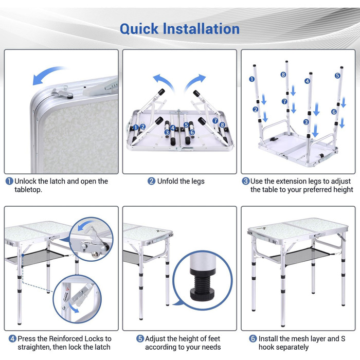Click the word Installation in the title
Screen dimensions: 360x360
click(x=201, y=29)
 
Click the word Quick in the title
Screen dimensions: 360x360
click(x=139, y=29)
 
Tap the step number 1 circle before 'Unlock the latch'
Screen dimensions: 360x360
click(x=9, y=181)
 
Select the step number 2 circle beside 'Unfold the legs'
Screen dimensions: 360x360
click(x=151, y=181)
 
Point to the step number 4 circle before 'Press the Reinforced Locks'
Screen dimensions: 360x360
click(x=12, y=338)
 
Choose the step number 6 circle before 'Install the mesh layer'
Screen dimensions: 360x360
click(x=253, y=338)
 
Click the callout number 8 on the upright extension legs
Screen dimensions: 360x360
click(x=283, y=75)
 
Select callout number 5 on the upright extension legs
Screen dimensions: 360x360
click(x=337, y=75)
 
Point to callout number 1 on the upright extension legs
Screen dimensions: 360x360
click(x=252, y=79)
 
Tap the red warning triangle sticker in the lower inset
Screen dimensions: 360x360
click(x=67, y=289)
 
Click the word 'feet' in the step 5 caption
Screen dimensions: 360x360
click(x=214, y=338)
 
